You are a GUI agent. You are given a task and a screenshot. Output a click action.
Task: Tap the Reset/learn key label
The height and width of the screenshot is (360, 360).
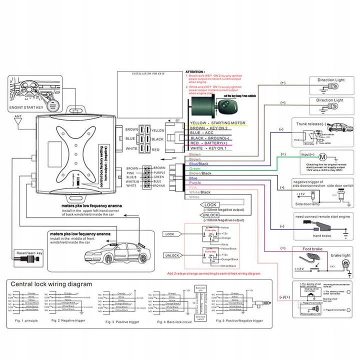pos(30,253)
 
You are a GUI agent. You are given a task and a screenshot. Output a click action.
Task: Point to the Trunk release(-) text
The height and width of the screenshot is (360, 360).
pos(313,124)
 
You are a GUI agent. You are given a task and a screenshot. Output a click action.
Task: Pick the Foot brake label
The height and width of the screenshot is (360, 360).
pos(312,249)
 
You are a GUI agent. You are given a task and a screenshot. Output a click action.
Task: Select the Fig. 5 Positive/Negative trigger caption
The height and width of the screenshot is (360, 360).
pos(241,319)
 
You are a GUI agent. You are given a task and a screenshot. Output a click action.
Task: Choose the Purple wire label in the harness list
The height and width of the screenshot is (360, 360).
pos(196,183)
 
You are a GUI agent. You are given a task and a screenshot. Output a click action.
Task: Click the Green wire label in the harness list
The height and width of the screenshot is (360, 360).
pos(195,168)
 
